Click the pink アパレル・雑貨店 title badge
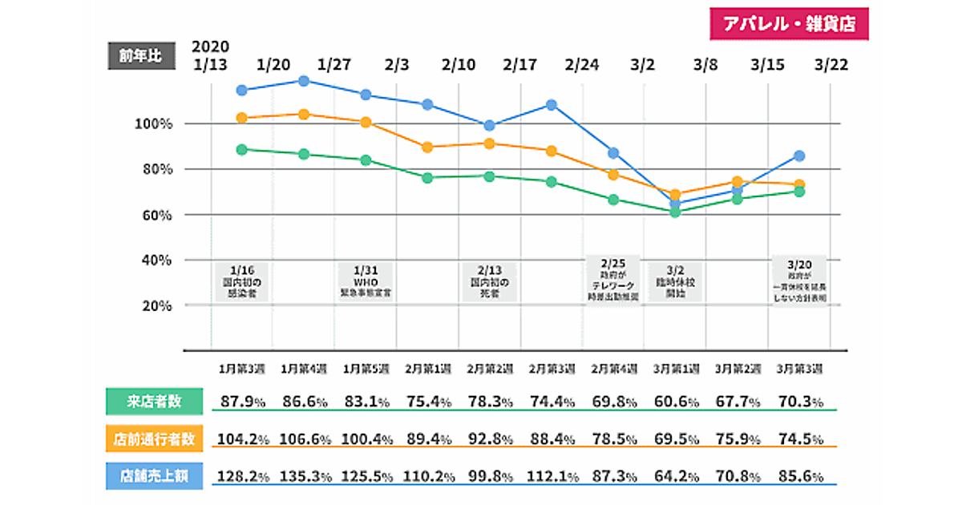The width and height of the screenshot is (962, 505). coord(789,24)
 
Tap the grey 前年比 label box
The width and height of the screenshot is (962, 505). coord(140,55)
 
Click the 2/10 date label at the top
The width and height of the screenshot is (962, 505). coord(459,65)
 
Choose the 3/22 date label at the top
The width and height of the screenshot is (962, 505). coord(831,65)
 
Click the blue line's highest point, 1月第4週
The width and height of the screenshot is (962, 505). coord(304,81)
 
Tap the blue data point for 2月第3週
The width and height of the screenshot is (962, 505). coord(552,105)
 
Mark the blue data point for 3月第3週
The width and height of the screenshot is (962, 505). coord(799,156)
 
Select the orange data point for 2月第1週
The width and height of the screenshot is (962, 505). coord(427,147)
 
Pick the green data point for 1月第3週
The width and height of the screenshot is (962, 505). coord(242,149)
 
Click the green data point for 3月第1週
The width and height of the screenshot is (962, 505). coord(675,212)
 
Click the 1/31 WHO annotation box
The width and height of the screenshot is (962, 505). coord(365,281)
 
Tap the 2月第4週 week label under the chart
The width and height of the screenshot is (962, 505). coord(614,369)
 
